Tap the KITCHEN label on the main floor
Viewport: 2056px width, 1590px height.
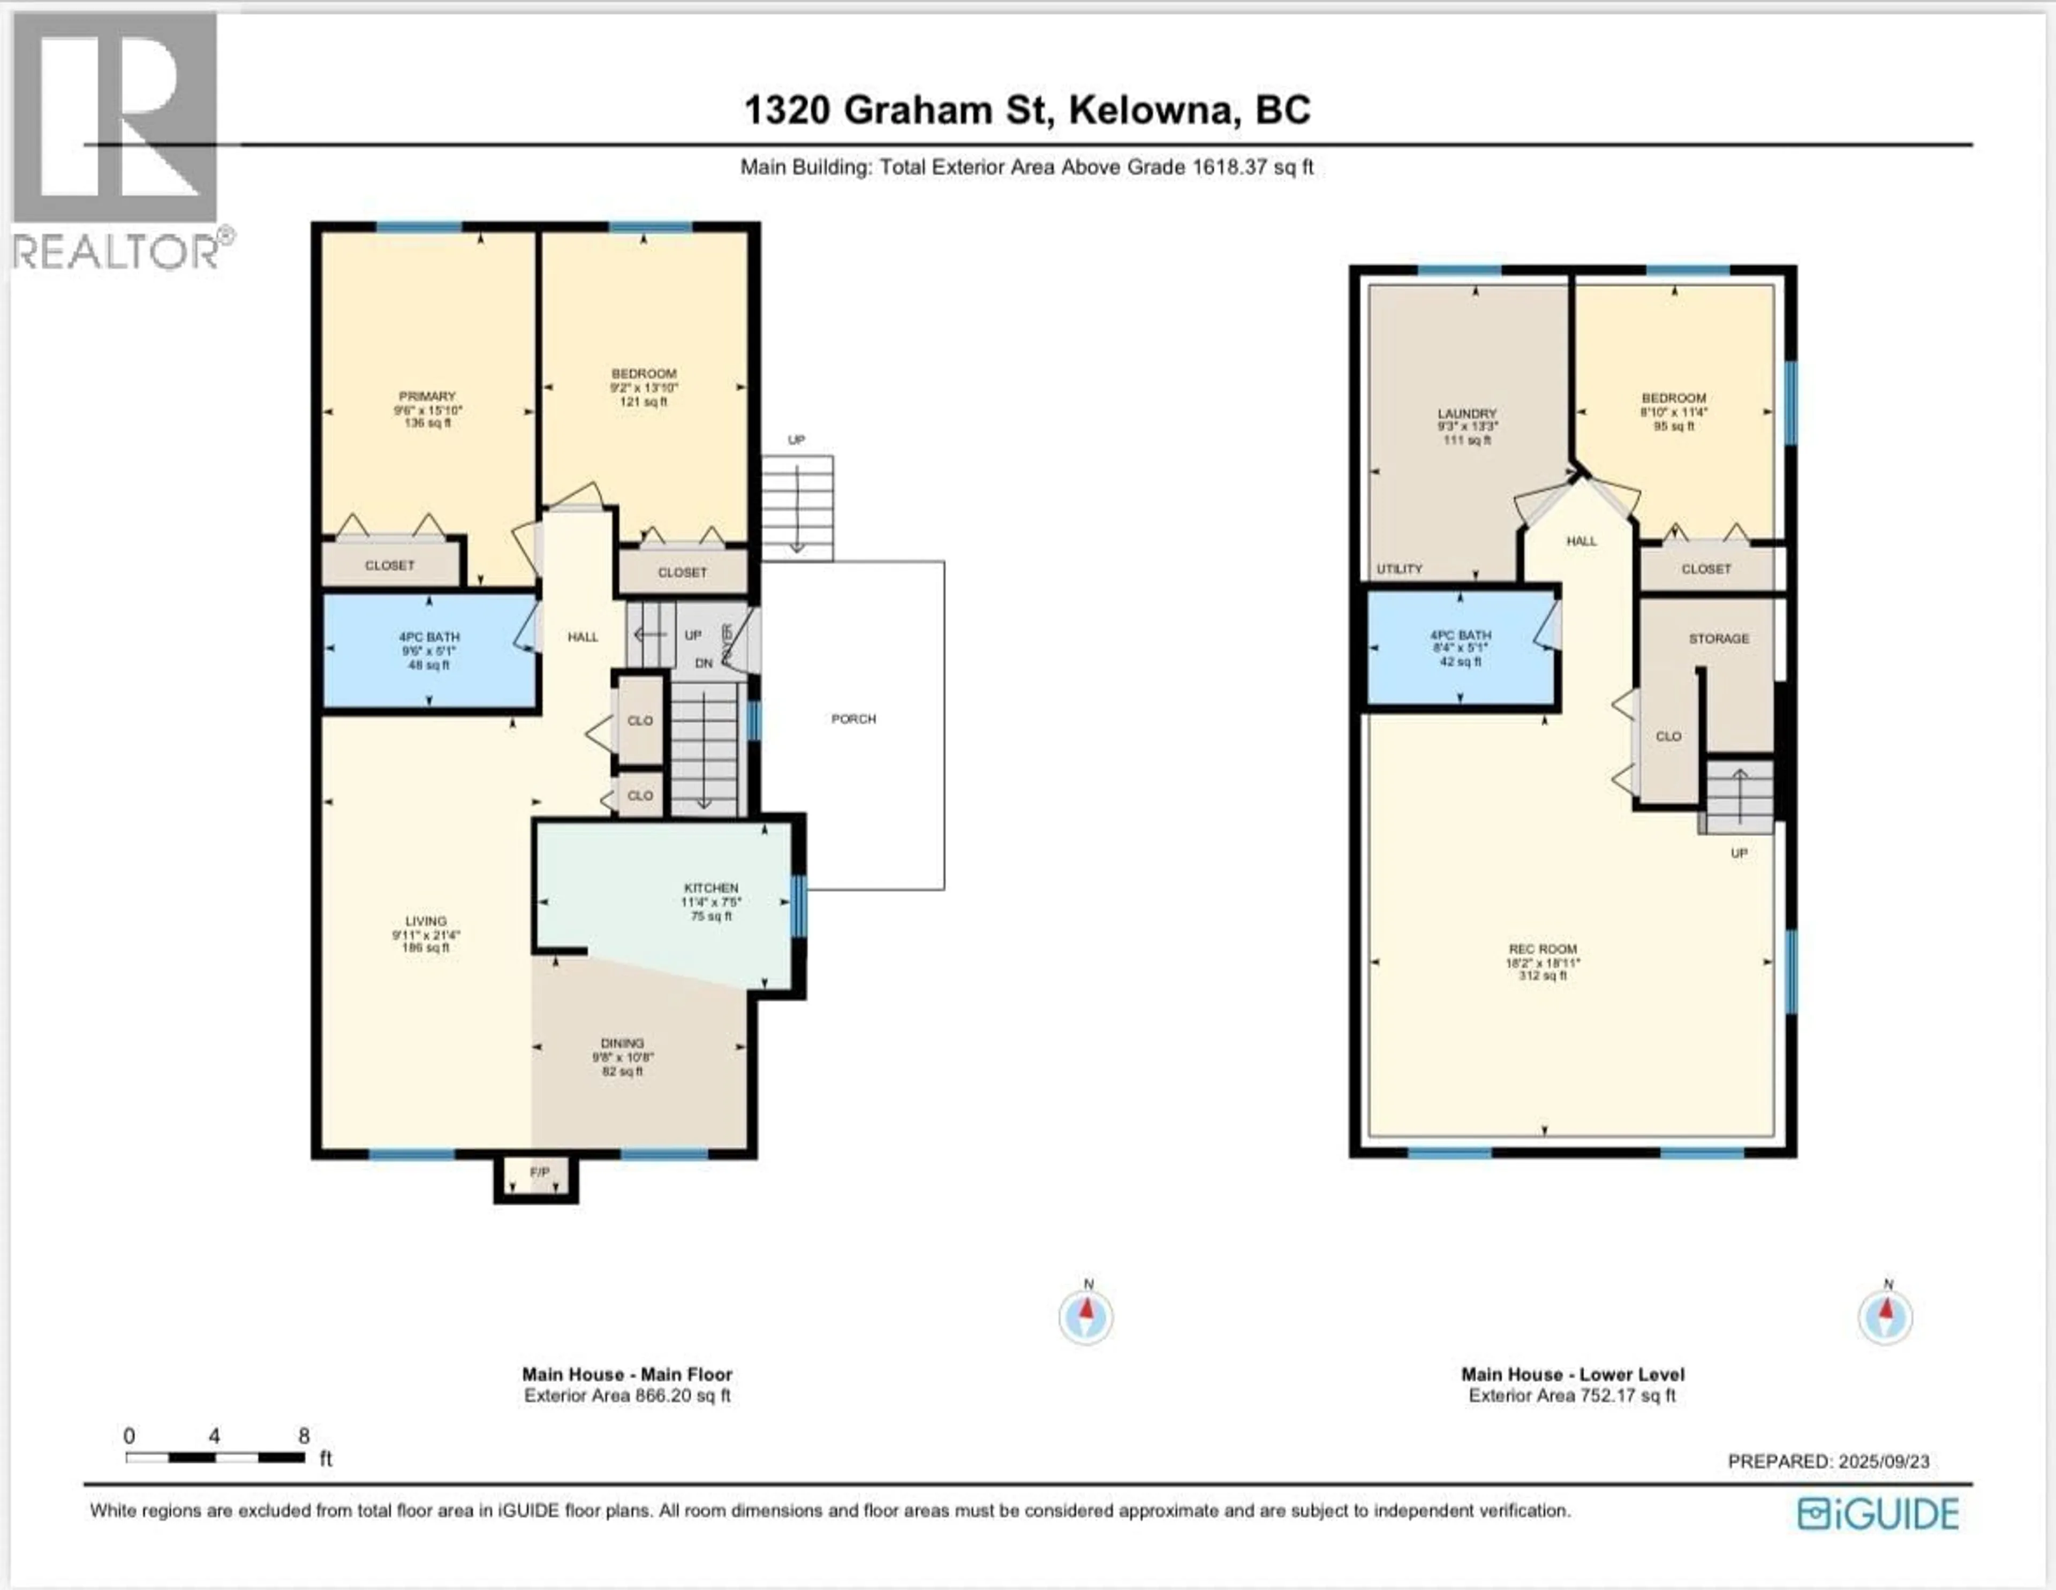[x=710, y=888]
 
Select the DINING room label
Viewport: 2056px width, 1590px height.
[x=622, y=1043]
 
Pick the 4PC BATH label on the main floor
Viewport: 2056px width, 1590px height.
[x=429, y=637]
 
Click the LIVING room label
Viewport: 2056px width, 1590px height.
[x=426, y=922]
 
